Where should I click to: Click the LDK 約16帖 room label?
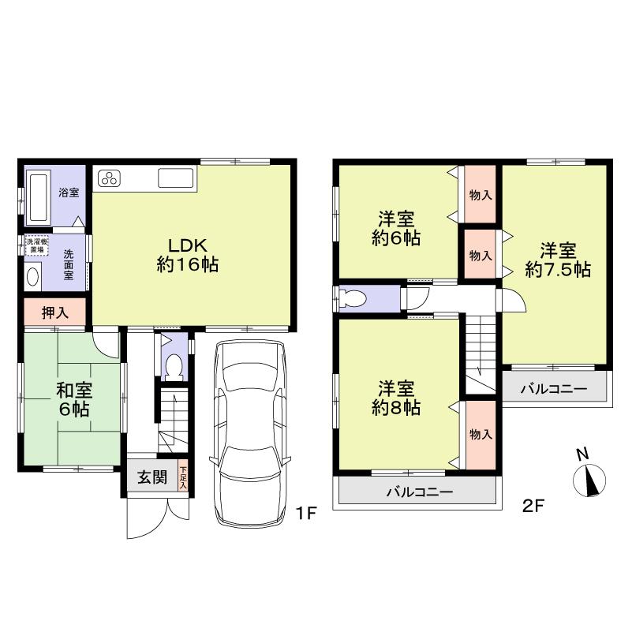187,255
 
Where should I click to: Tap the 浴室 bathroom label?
69,192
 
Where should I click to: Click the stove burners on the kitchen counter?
109,178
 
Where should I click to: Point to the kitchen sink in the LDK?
175,178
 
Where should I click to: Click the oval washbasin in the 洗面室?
33,276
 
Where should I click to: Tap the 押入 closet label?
54,312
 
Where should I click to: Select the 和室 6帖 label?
72,398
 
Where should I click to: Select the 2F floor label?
534,507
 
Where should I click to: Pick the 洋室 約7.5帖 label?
558,260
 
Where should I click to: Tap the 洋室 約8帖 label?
395,398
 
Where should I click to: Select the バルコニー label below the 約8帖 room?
419,492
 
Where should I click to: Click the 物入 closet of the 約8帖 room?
480,435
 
